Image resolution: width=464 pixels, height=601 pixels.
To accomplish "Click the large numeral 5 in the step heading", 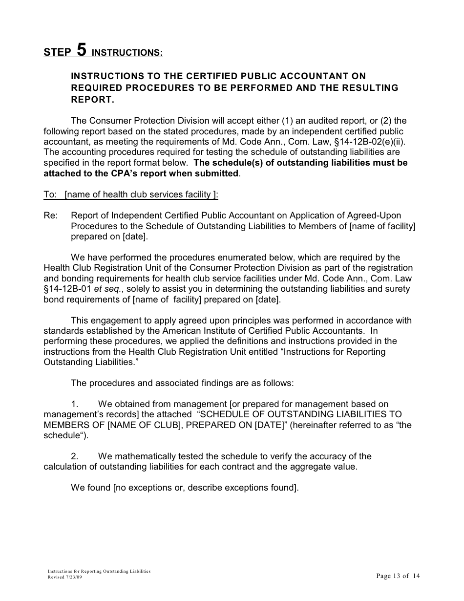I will click(82, 50).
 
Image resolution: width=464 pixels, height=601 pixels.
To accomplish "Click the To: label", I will click(50, 194).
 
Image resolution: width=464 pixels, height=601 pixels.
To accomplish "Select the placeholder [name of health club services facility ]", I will click(141, 194).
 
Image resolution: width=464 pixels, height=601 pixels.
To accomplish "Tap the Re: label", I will click(51, 215).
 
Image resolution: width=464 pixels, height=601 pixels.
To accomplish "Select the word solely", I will click(139, 289).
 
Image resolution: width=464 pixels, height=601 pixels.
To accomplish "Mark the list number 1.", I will click(75, 404).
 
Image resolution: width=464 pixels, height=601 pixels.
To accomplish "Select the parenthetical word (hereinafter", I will click(317, 425).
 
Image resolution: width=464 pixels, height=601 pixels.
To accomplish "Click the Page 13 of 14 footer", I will click(398, 576).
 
